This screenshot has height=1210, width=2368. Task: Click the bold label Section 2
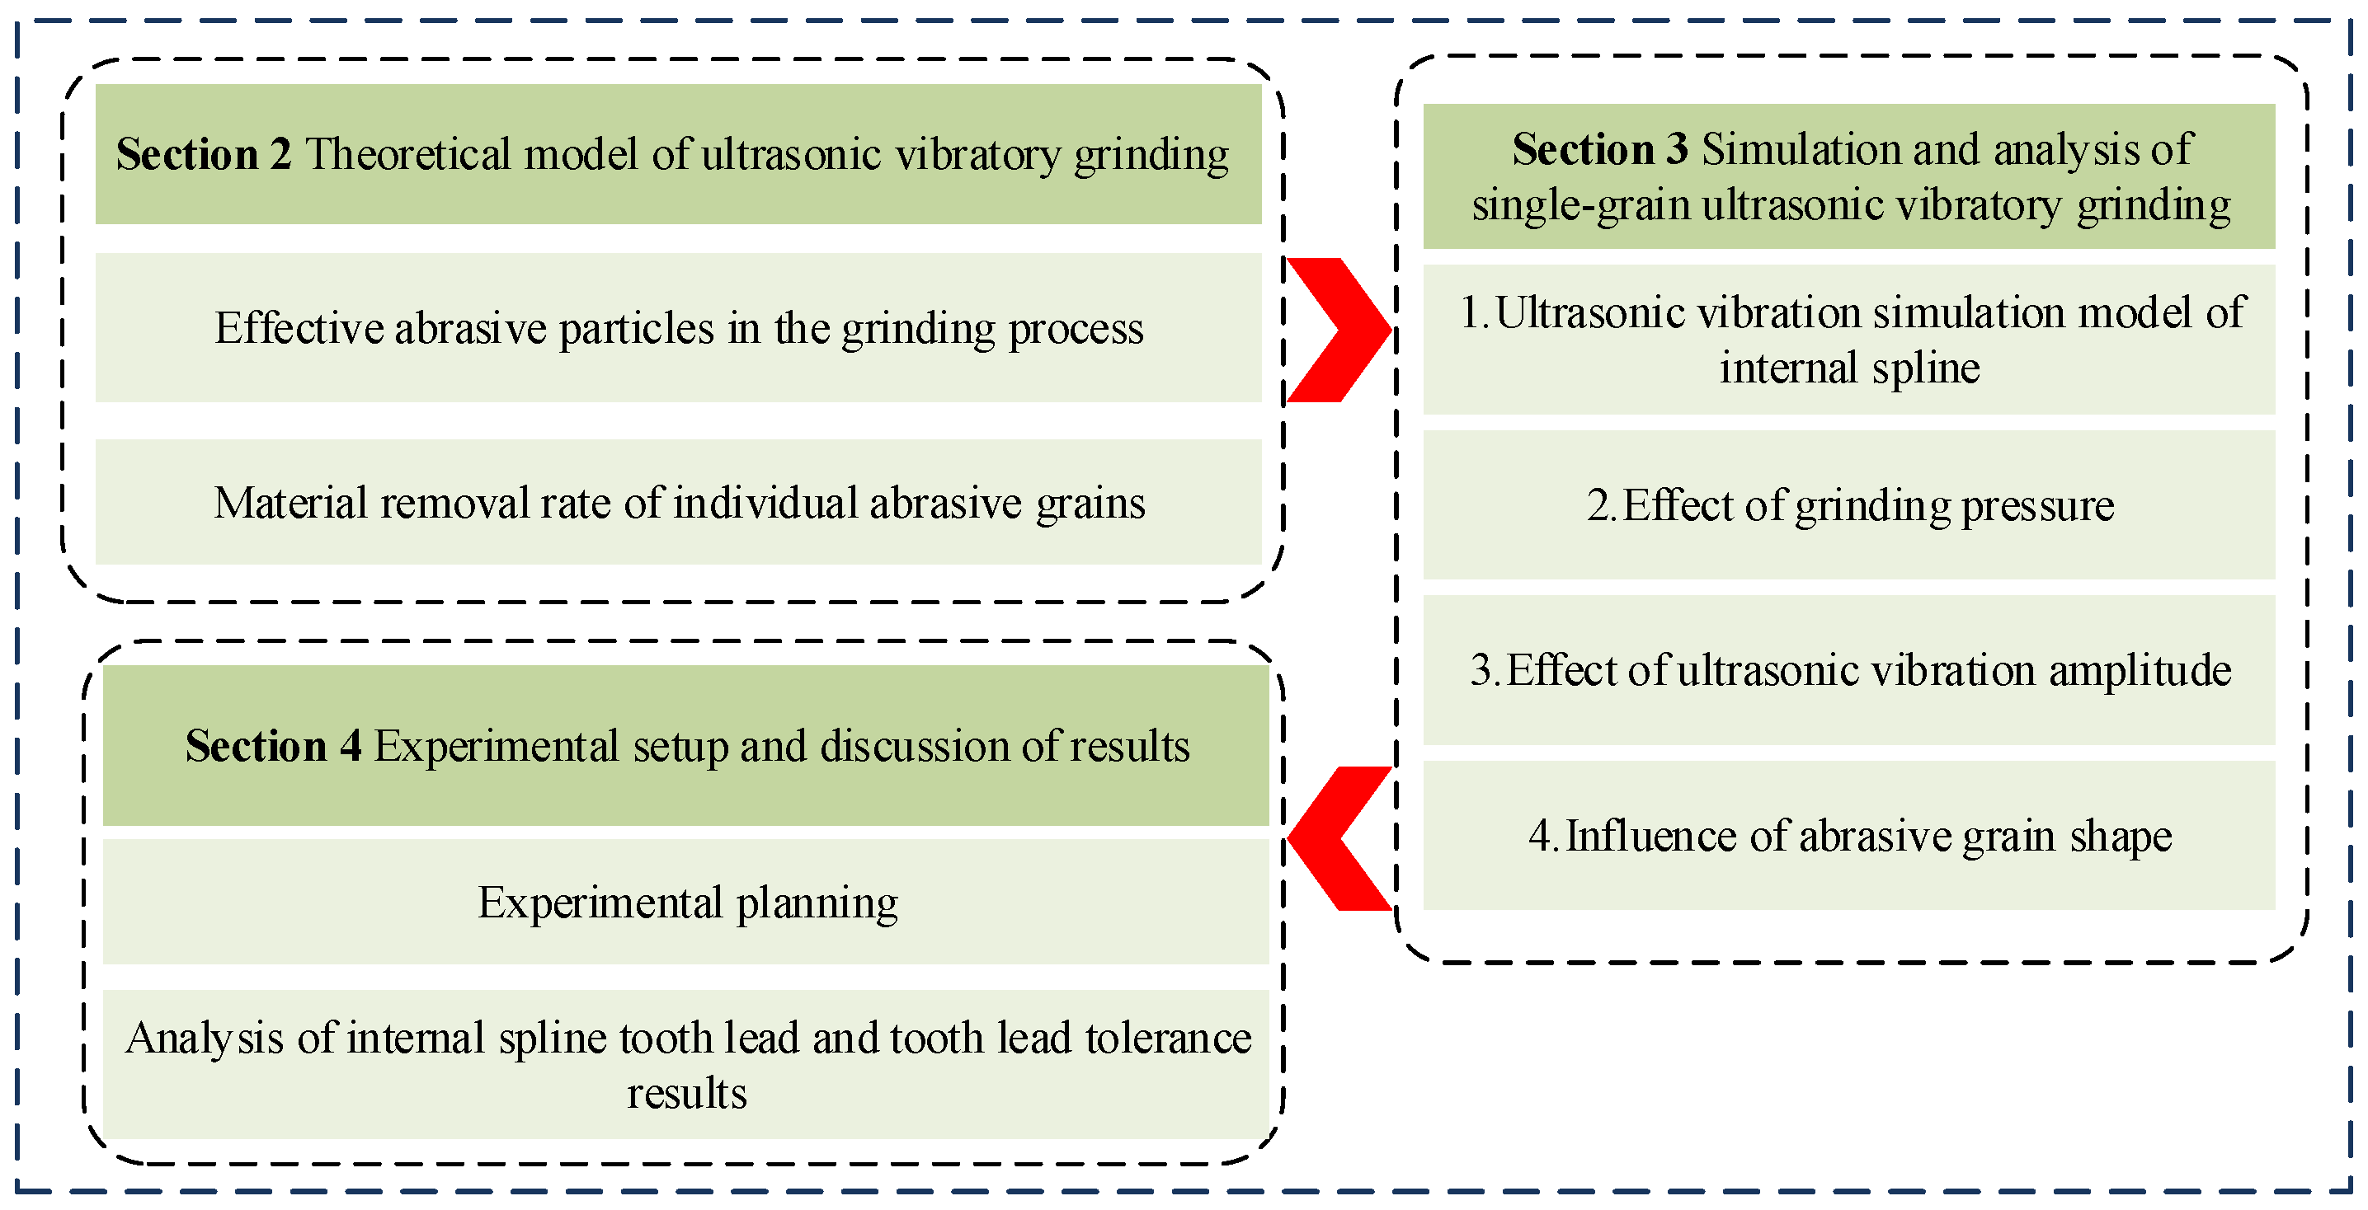coord(203,153)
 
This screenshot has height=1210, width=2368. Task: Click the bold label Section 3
coord(1599,149)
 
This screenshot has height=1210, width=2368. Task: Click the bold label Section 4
coord(273,745)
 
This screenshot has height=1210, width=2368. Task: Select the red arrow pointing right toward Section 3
coord(1337,330)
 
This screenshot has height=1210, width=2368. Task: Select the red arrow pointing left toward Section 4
coord(1339,838)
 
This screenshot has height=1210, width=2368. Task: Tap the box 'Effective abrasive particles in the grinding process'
coord(679,328)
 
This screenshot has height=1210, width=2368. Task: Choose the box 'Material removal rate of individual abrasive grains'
coord(679,503)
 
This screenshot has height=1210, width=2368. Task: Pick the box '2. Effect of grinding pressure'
coord(1848,504)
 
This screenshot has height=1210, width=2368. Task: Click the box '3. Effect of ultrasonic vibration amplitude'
coord(1848,670)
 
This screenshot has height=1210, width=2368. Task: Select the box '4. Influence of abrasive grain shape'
coord(1848,835)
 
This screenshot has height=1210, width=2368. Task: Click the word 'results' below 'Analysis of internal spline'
coord(687,1093)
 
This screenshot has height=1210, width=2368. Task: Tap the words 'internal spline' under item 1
coord(1848,368)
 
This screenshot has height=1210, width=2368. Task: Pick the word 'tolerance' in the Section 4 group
coord(1167,1039)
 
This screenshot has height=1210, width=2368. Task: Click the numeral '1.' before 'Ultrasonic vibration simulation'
coord(1474,312)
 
